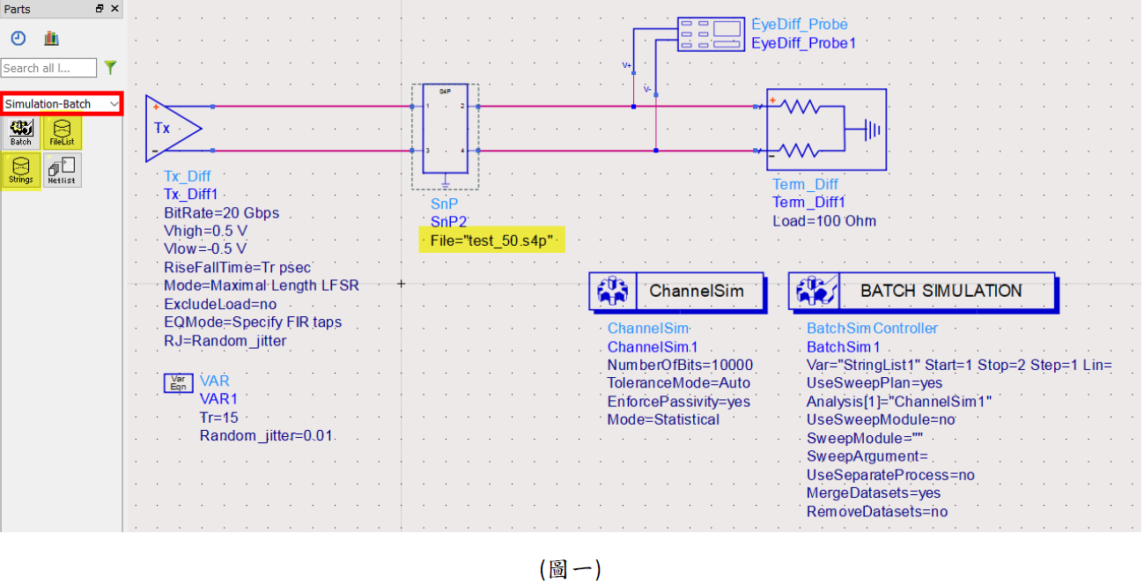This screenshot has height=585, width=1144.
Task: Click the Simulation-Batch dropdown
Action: [x=62, y=104]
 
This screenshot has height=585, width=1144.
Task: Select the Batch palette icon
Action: [x=21, y=132]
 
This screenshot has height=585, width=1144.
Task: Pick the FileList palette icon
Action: [x=62, y=132]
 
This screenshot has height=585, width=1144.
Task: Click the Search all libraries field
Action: [x=48, y=68]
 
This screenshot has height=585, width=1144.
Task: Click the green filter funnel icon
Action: [x=110, y=68]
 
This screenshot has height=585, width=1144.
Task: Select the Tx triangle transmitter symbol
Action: [x=172, y=129]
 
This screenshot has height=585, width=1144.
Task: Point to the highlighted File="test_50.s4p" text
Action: [x=491, y=241]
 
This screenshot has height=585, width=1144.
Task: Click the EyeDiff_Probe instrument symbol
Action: [x=712, y=34]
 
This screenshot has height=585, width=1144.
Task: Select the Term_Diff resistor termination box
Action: [x=825, y=130]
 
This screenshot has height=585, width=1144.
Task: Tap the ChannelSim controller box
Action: [x=676, y=292]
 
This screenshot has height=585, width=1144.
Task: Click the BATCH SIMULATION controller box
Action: [x=921, y=292]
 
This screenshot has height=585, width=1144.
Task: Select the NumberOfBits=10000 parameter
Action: [x=680, y=365]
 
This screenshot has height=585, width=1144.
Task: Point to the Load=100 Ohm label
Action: [x=824, y=221]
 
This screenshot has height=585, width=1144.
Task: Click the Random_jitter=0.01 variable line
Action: [x=266, y=436]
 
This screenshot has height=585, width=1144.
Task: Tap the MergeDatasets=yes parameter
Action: [x=874, y=493]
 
